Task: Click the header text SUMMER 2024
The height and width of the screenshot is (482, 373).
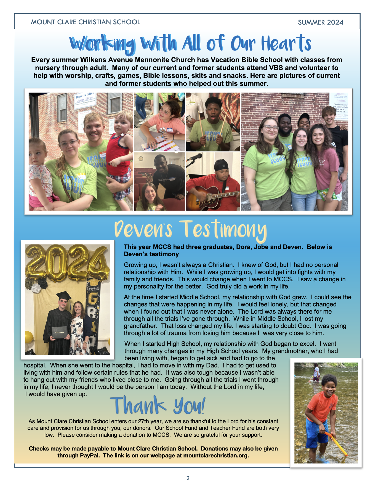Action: pyautogui.click(x=320, y=22)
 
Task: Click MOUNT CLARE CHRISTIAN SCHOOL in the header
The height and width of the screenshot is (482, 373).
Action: pyautogui.click(x=85, y=22)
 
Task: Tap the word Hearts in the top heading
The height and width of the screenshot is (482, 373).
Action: pyautogui.click(x=286, y=44)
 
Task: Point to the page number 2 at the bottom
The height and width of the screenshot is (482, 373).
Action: pyautogui.click(x=188, y=478)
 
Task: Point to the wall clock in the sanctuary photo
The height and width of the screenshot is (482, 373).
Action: pyautogui.click(x=141, y=159)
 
